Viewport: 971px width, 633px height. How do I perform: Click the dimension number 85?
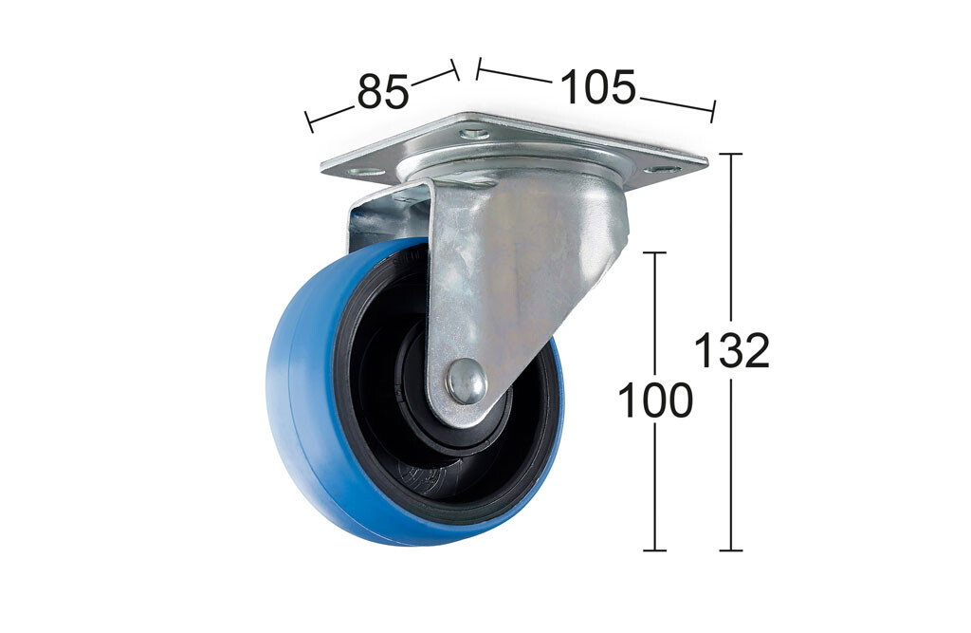tap(383, 92)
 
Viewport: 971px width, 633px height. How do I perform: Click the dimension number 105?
tap(597, 86)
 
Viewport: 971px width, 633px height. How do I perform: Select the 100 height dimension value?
tap(655, 400)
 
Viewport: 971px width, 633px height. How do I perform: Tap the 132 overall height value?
tap(731, 350)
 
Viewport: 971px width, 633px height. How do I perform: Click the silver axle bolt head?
tap(467, 382)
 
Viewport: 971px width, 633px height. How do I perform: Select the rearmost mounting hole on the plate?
tap(474, 133)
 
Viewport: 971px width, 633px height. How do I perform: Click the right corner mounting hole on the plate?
tap(662, 168)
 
